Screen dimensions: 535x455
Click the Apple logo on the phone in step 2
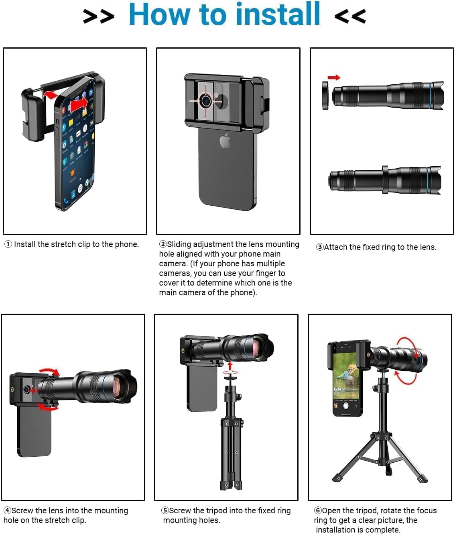(x=225, y=141)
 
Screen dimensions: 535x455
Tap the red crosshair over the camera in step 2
(x=205, y=101)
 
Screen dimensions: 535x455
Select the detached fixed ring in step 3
(x=325, y=95)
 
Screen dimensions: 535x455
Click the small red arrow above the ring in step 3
(x=333, y=78)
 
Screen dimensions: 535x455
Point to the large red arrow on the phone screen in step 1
(x=78, y=104)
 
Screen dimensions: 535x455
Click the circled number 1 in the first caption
(x=8, y=244)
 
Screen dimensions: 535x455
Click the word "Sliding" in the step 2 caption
(x=179, y=244)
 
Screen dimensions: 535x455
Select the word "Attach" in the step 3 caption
(x=335, y=247)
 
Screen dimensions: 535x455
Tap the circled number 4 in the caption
(x=7, y=510)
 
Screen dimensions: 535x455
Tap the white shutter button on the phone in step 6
(x=346, y=406)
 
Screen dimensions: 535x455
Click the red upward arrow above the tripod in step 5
(x=230, y=366)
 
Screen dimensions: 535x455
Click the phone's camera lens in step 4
(x=26, y=389)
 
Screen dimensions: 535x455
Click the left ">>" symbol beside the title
(x=98, y=16)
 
